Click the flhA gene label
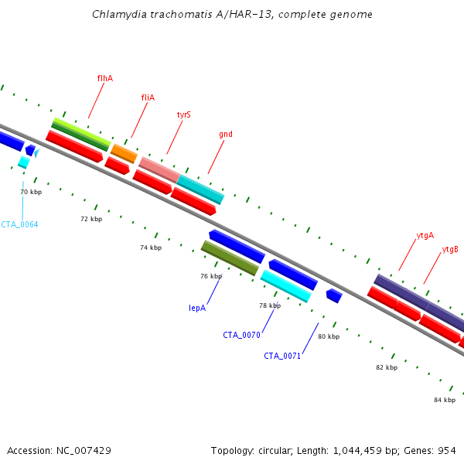(x=105, y=78)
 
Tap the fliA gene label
(x=148, y=97)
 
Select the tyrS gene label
(x=184, y=114)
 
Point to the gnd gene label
(x=226, y=135)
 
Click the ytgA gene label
(x=425, y=236)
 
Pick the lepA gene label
(x=197, y=308)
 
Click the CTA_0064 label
(x=19, y=224)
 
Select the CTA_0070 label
(x=241, y=335)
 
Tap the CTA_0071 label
(x=282, y=356)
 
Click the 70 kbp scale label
(x=31, y=192)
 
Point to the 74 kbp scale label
(x=151, y=247)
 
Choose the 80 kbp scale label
(x=329, y=336)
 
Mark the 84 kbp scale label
(x=445, y=400)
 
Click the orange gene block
(x=124, y=154)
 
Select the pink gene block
(x=159, y=170)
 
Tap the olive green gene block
(x=230, y=258)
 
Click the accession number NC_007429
(x=84, y=451)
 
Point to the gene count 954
(x=447, y=451)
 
